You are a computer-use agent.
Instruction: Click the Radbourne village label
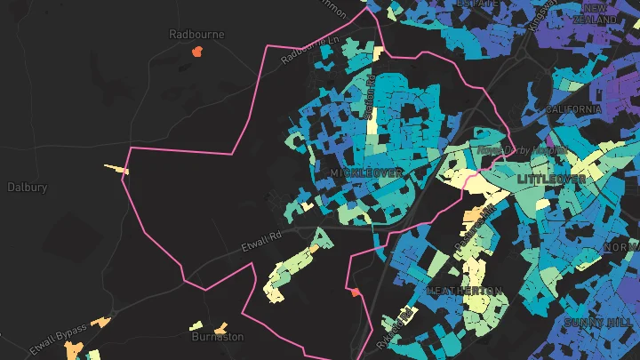tap(196, 34)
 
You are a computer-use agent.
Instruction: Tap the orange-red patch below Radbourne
tap(196, 52)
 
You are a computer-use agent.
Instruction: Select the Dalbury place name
tap(28, 188)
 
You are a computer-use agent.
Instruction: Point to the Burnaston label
tap(218, 337)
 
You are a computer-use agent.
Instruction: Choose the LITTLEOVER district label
tap(551, 179)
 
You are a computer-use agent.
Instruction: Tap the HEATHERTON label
tap(465, 291)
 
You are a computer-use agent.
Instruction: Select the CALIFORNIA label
tap(573, 108)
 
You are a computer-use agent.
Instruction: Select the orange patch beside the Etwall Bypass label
tap(101, 322)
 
